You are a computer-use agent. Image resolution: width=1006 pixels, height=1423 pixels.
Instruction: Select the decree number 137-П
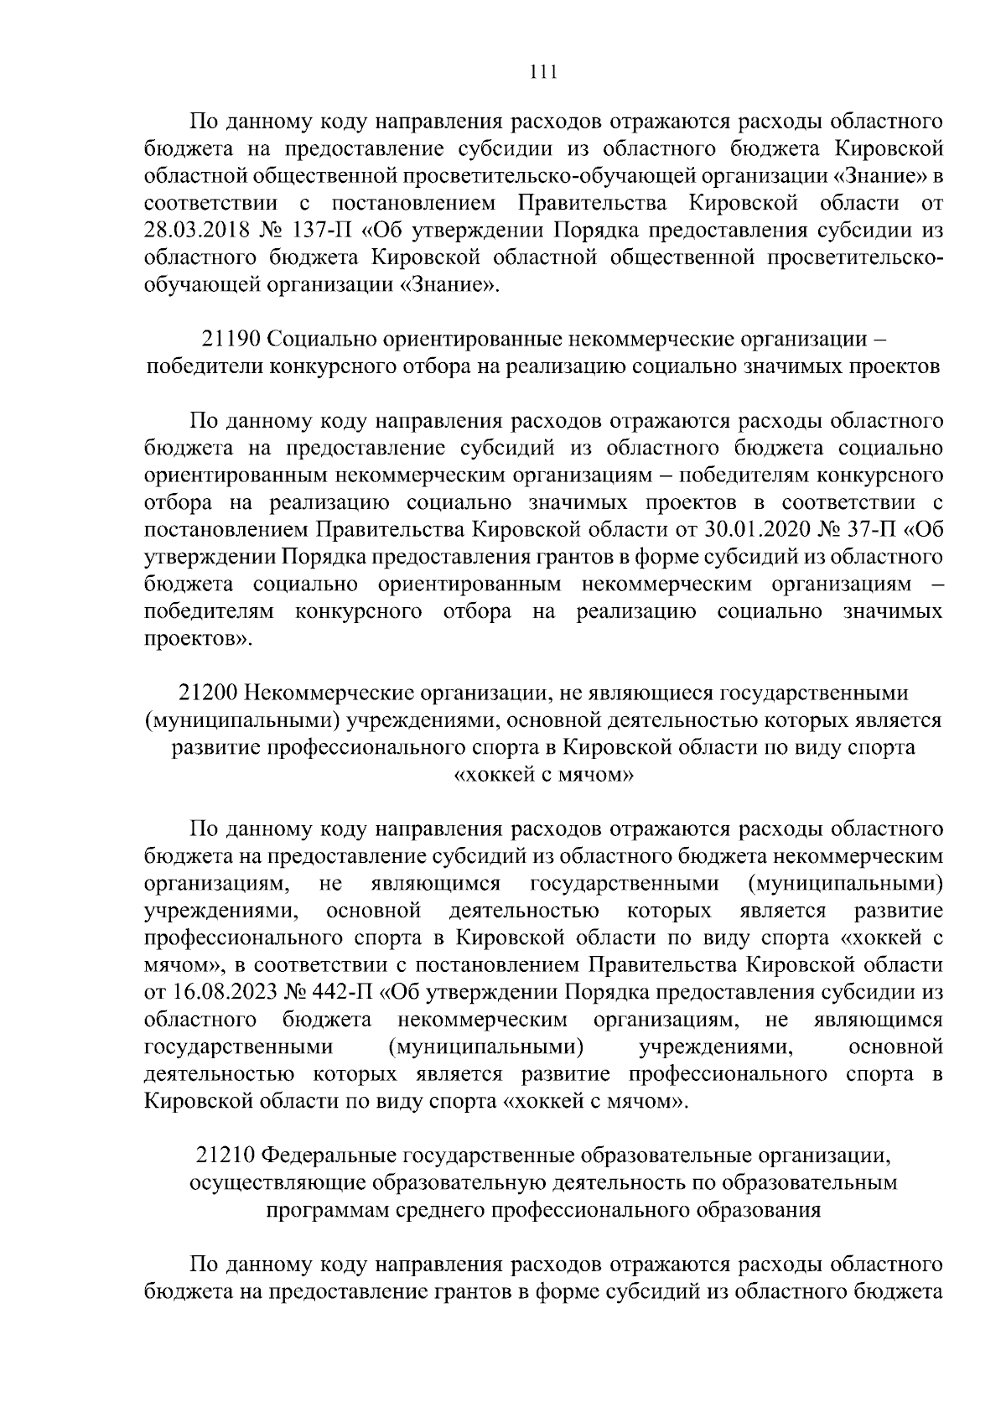(327, 231)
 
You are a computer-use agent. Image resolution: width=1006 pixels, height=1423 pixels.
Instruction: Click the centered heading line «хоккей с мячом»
(543, 774)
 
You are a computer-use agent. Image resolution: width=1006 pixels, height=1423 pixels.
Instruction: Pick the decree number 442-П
(345, 993)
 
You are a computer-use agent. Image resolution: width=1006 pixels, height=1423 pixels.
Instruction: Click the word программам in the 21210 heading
(325, 1210)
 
